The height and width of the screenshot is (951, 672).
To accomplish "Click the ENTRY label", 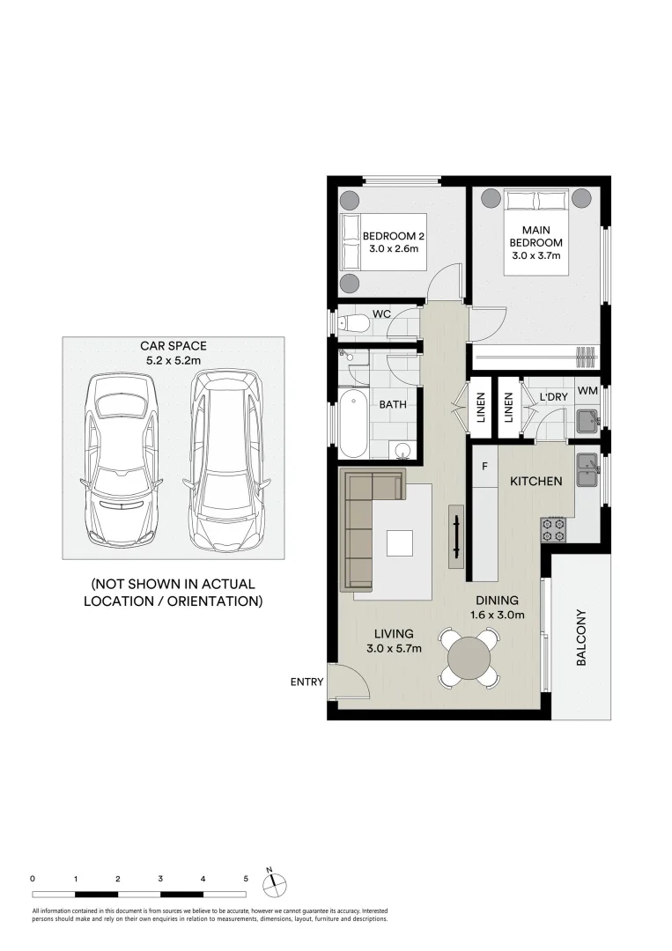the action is [306, 682].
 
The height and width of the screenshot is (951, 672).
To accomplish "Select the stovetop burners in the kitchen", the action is [553, 529].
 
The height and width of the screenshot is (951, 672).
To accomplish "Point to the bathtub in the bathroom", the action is [353, 424].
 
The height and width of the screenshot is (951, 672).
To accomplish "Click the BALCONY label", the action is [581, 638].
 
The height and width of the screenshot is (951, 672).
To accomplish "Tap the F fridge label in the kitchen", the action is [484, 467].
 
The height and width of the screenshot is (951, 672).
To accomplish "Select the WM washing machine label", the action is [587, 391].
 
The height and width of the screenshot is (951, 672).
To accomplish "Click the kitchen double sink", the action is [587, 470].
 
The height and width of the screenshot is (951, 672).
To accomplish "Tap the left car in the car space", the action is [122, 459].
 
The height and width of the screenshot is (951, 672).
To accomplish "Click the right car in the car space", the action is [227, 461].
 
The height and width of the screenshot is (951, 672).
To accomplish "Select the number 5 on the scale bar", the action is [246, 879].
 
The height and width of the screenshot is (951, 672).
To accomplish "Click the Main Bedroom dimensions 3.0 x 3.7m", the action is [536, 255].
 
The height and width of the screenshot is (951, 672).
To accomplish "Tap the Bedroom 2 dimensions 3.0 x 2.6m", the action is [394, 248].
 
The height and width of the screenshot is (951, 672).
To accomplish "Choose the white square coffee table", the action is [400, 542].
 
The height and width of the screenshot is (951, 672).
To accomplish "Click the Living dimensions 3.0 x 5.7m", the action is [394, 648].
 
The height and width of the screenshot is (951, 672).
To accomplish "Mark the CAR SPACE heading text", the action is [174, 346].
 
